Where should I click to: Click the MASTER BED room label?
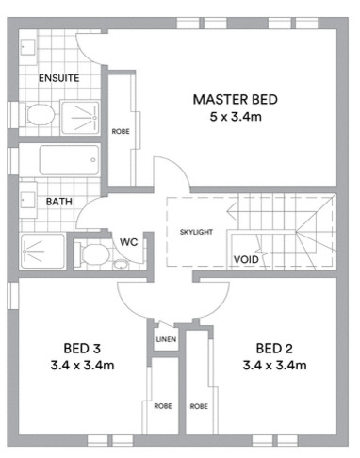(236, 100)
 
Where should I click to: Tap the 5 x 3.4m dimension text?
(236, 118)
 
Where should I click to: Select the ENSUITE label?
(58, 78)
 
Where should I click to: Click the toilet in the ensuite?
(39, 115)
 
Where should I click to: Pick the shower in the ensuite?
(82, 115)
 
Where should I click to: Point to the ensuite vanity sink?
(25, 47)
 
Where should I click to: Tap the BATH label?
(59, 201)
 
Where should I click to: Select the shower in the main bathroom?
(41, 251)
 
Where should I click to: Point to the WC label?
(129, 242)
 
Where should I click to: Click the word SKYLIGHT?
(196, 231)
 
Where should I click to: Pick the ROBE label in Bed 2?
(199, 406)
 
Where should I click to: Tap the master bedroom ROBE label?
(121, 132)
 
